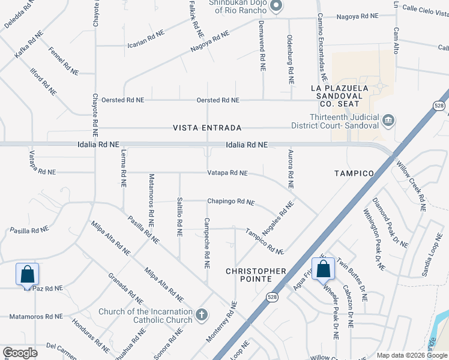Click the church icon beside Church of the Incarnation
[202, 314]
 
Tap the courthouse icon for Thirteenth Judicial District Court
[388, 121]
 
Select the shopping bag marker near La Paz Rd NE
[27, 274]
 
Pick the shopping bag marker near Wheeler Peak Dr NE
[323, 269]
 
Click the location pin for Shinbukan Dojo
[276, 7]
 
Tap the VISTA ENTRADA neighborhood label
[207, 128]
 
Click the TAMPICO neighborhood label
[354, 173]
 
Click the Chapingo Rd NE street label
[231, 202]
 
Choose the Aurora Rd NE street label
[291, 170]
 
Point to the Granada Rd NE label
[125, 288]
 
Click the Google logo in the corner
[20, 352]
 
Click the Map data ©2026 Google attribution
[411, 355]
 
